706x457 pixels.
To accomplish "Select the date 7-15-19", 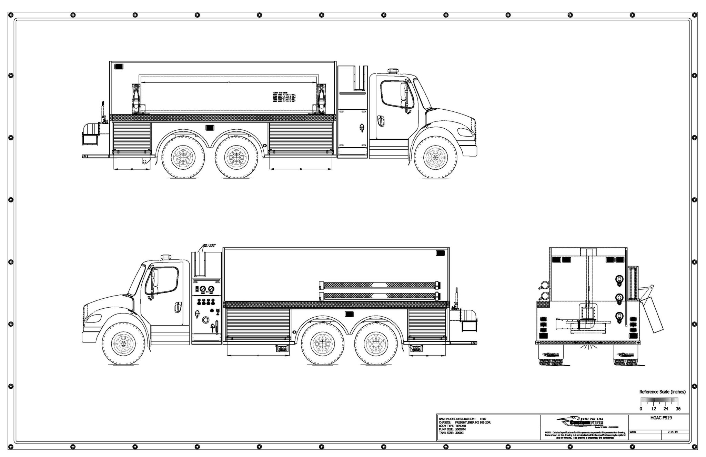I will point(672,432).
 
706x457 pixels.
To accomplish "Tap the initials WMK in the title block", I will point(633,432).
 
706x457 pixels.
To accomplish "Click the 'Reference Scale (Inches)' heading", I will point(662,392).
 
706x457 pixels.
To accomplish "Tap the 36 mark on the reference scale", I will point(678,409).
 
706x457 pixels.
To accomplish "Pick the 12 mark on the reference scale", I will point(653,409).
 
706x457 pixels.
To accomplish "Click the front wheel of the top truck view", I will point(436,157).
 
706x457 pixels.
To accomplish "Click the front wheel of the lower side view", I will point(123,344).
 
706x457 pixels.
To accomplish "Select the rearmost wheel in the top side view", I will point(182,157).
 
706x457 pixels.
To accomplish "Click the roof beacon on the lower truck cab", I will point(166,257).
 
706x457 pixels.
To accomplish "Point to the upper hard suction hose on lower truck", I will point(379,285).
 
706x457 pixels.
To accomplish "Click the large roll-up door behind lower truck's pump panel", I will point(258,323).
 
